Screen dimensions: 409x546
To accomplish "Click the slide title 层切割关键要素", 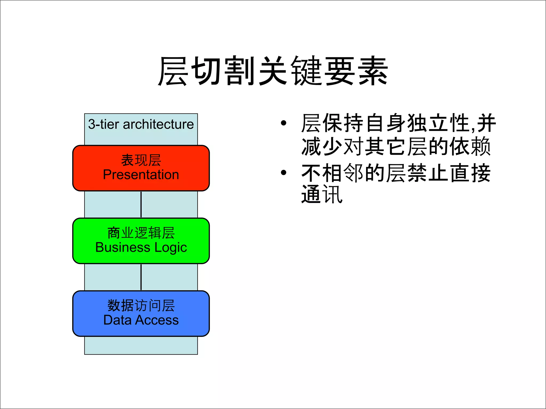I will click(273, 71).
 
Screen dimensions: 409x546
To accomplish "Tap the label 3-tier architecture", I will click(141, 124).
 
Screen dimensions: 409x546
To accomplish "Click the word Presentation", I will click(141, 175).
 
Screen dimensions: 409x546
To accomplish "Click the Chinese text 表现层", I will click(141, 160).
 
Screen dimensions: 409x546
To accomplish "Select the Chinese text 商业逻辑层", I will click(141, 233).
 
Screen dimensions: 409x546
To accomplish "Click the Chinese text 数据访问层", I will click(141, 305).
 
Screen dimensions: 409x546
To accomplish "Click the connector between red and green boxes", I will click(141, 204).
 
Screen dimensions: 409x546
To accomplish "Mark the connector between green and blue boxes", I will click(141, 277).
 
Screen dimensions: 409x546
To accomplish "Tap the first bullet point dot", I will click(283, 123).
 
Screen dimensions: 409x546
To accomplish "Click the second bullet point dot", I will click(283, 173).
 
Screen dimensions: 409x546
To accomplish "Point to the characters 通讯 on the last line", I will click(322, 195).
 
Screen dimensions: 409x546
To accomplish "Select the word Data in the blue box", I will click(117, 320).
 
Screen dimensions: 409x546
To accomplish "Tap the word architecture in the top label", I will click(158, 124).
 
